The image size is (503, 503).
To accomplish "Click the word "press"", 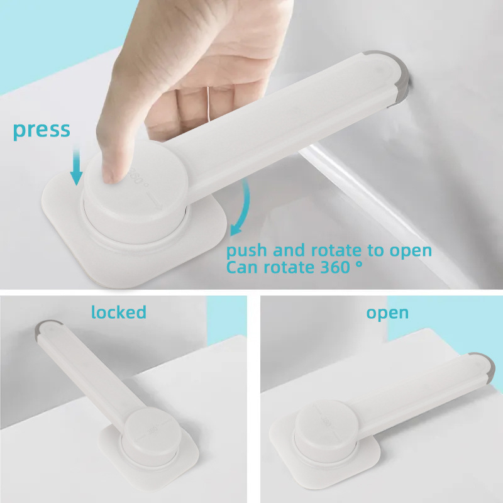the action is (x=41, y=131).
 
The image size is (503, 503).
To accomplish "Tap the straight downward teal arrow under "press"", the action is (x=76, y=166).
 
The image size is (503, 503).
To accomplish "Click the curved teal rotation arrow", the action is (x=243, y=209).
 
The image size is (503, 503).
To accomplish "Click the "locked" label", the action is (x=119, y=312).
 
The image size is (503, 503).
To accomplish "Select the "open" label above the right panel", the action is (x=387, y=313).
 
